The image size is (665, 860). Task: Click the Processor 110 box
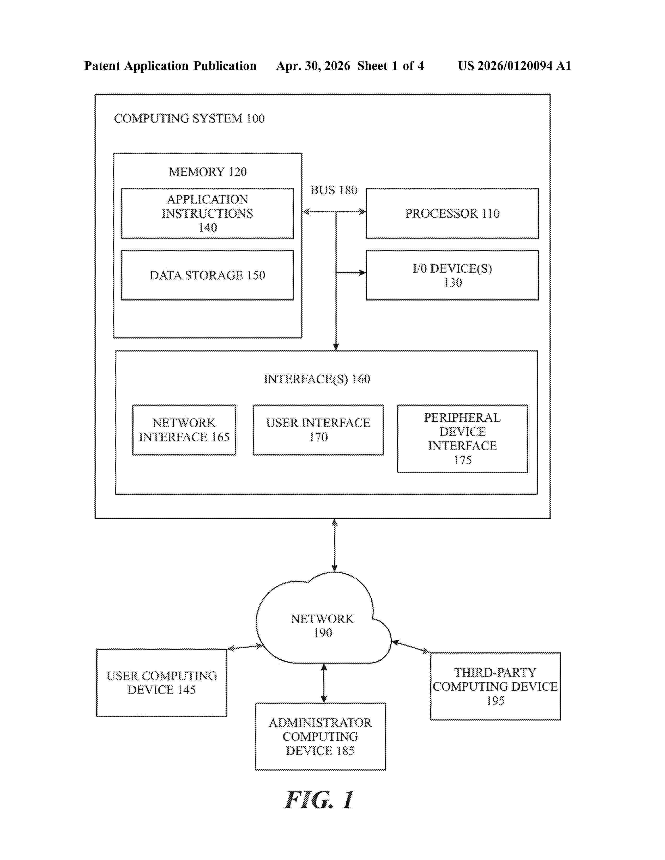[x=452, y=213]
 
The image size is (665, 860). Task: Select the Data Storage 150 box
[x=207, y=275]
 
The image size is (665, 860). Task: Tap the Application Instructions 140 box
[x=207, y=213]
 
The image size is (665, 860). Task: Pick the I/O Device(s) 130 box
[x=452, y=275]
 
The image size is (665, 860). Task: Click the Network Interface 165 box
[x=184, y=429]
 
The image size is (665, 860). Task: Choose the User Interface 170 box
[x=318, y=429]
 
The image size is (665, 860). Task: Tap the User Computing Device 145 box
[x=161, y=683]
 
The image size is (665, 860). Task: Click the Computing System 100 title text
[x=189, y=118]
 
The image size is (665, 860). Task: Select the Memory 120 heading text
[x=208, y=172]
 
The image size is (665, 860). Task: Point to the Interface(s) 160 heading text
[x=317, y=379]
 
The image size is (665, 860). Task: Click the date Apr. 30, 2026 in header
[x=313, y=66]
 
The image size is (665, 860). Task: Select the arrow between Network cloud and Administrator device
[x=324, y=683]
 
